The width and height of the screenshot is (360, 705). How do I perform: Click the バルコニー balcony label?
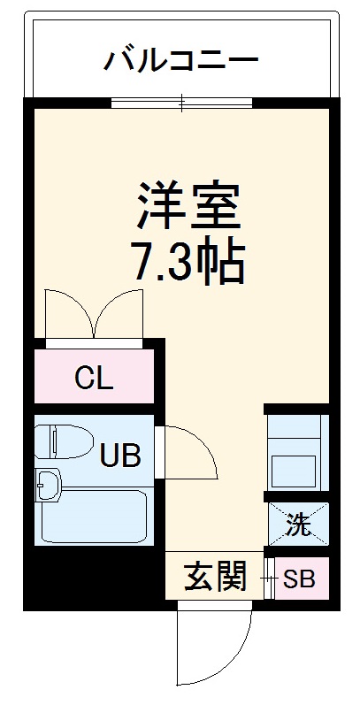pos(181,61)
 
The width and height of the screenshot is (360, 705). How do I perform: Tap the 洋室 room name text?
pos(188,205)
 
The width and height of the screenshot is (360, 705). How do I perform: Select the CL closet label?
pos(93,379)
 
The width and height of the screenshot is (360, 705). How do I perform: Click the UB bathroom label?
pos(119,456)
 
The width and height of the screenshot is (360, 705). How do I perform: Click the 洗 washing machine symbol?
pos(299,525)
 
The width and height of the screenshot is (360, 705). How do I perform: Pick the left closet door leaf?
pos(66,314)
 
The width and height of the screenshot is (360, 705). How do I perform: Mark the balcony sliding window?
pos(181,103)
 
